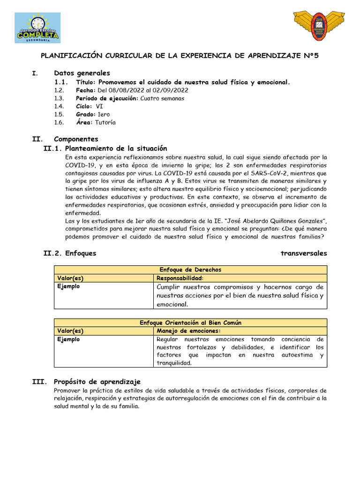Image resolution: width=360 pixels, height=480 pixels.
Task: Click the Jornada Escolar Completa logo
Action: (37, 28)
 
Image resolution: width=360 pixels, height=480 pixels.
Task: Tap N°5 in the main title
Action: (309, 55)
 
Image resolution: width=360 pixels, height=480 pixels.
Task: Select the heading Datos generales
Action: (82, 73)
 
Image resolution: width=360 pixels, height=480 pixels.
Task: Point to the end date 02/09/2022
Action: (172, 90)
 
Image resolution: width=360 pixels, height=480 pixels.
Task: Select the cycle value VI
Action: (99, 106)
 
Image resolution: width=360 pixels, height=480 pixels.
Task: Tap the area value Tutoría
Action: (105, 122)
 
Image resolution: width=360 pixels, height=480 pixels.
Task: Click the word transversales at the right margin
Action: (304, 253)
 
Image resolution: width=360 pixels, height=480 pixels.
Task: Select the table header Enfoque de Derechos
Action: (190, 270)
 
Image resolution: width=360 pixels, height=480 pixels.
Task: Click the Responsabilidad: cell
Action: (173, 278)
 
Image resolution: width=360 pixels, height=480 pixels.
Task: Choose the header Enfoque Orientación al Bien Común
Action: (190, 322)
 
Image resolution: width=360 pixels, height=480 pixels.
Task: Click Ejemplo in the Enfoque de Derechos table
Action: (68, 286)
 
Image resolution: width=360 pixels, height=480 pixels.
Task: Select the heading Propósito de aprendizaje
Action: (97, 382)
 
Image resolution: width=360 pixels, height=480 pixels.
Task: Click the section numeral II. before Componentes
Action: (37, 139)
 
